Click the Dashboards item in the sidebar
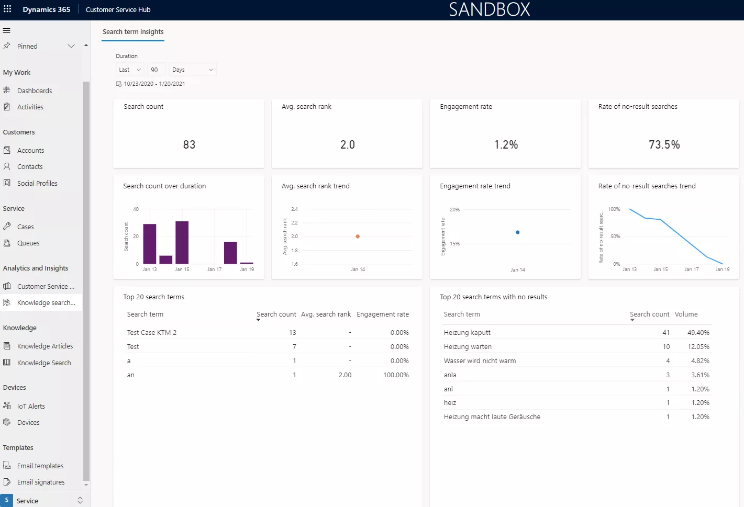pyautogui.click(x=34, y=91)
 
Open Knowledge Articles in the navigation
pyautogui.click(x=45, y=346)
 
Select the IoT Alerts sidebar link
pyautogui.click(x=31, y=406)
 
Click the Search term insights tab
pyautogui.click(x=133, y=32)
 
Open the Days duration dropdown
pyautogui.click(x=193, y=70)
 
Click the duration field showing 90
pyautogui.click(x=156, y=70)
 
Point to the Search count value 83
pyautogui.click(x=189, y=144)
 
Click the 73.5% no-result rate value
pyautogui.click(x=664, y=144)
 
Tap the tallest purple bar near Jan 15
pyautogui.click(x=182, y=242)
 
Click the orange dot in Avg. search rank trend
pyautogui.click(x=358, y=236)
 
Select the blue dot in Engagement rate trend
pyautogui.click(x=517, y=232)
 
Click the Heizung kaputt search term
pyautogui.click(x=467, y=332)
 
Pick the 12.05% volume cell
pyautogui.click(x=698, y=346)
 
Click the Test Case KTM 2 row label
pyautogui.click(x=152, y=332)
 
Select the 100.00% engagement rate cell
pyautogui.click(x=396, y=375)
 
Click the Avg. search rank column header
pyautogui.click(x=326, y=314)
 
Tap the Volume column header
pyautogui.click(x=686, y=314)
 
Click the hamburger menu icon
pyautogui.click(x=7, y=30)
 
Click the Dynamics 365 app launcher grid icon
pyautogui.click(x=7, y=9)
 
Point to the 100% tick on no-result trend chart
pyautogui.click(x=614, y=209)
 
